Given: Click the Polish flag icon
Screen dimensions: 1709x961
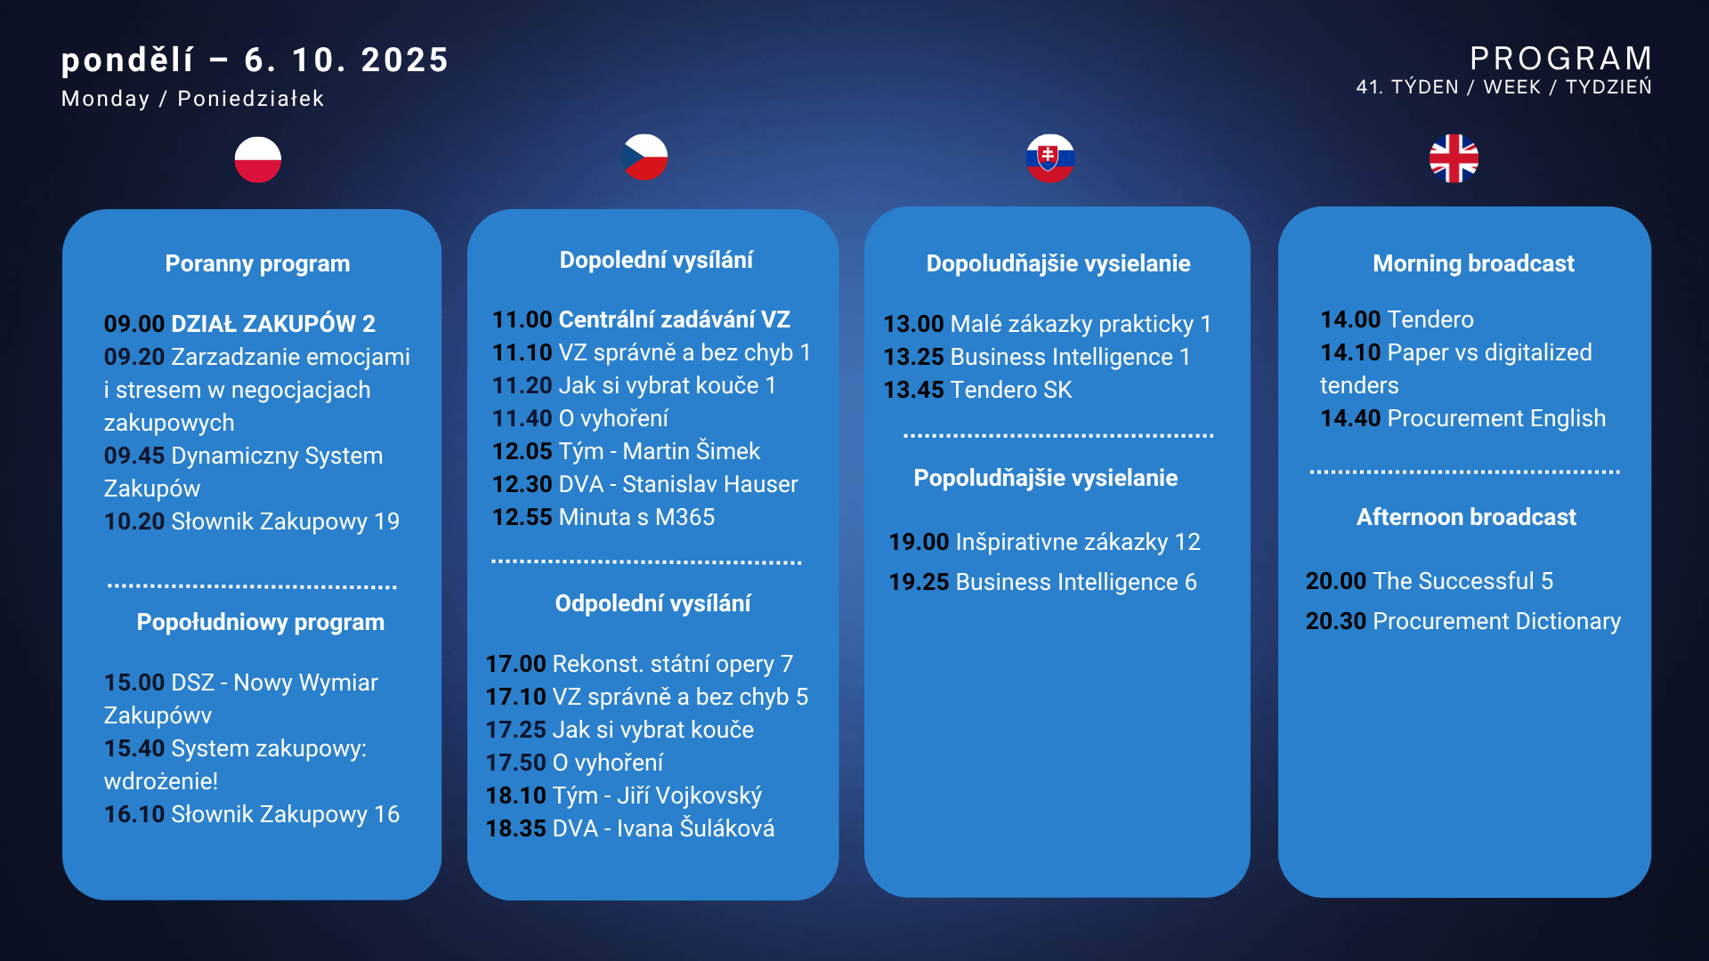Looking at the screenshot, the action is [258, 159].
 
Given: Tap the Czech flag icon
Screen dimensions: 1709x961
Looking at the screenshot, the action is [644, 157].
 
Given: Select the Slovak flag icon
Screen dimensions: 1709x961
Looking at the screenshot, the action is [1050, 158].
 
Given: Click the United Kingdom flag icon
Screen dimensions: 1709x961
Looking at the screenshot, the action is [1454, 158].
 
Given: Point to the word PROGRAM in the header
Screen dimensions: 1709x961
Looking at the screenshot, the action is [1561, 59].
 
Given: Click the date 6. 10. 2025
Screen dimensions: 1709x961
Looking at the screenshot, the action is [346, 61].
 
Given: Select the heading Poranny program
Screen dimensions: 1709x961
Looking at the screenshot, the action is [257, 263].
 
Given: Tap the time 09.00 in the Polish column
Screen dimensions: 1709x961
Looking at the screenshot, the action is [134, 324].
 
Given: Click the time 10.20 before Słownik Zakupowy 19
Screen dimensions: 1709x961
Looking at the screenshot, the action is [134, 521].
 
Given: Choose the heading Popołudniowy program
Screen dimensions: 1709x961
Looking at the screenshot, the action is [261, 622].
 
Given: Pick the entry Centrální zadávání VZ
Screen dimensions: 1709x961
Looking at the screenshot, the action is [675, 319].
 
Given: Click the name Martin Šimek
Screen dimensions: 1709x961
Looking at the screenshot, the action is [692, 451].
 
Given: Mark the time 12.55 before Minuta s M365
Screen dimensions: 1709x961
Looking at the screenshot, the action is [522, 517].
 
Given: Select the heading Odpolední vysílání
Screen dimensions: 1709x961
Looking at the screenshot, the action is [652, 603].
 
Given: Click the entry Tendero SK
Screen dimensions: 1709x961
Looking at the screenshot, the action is [1011, 390].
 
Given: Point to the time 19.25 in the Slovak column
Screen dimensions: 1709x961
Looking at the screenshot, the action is [919, 582].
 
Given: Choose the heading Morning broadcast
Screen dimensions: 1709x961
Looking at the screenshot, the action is [1473, 263].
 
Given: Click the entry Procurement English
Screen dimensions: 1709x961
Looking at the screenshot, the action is [1496, 418].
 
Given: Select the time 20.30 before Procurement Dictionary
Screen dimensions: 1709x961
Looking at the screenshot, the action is [1336, 621].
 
